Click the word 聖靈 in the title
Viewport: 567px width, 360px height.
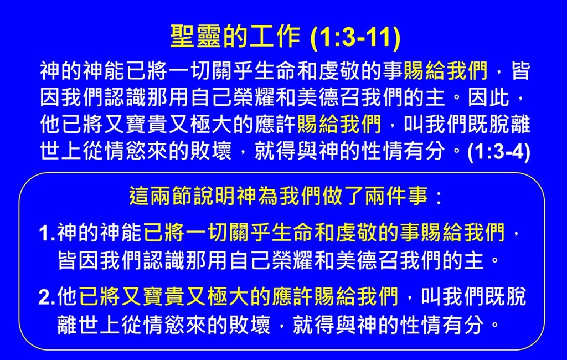coord(195,36)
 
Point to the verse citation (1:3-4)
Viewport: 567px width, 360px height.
coord(499,152)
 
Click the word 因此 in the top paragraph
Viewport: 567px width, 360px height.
coord(488,97)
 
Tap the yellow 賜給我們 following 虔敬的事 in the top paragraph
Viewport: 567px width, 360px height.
coord(446,70)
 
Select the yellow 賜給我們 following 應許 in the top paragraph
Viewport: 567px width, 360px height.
coord(339,124)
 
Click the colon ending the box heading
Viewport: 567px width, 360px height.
coord(439,198)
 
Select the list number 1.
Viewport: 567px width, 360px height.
coord(47,233)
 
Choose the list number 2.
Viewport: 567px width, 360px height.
coord(47,297)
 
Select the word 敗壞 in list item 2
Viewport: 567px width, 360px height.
coord(250,324)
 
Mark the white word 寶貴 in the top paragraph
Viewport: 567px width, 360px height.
coord(146,124)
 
